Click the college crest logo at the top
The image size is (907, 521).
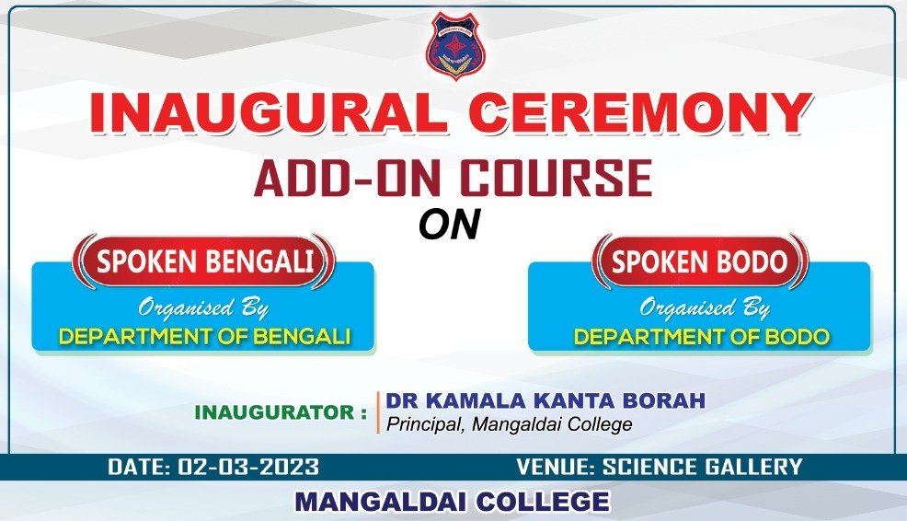click(x=456, y=46)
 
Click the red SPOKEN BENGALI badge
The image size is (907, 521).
click(x=203, y=261)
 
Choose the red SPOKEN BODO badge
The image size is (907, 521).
click(x=699, y=261)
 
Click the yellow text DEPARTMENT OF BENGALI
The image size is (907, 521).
click(x=205, y=336)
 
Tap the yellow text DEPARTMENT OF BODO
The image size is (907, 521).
click(x=702, y=336)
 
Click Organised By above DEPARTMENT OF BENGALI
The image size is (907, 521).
click(x=203, y=308)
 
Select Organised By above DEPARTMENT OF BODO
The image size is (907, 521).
click(x=704, y=308)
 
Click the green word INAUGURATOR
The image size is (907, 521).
click(x=274, y=412)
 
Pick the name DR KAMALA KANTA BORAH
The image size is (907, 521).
click(x=545, y=400)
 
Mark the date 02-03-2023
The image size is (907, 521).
click(x=248, y=467)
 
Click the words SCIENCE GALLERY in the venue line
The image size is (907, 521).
click(x=702, y=467)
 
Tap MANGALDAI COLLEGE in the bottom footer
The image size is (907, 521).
click(x=453, y=502)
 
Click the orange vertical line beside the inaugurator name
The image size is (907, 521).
click(x=378, y=412)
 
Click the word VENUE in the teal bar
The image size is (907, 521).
click(x=554, y=467)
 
